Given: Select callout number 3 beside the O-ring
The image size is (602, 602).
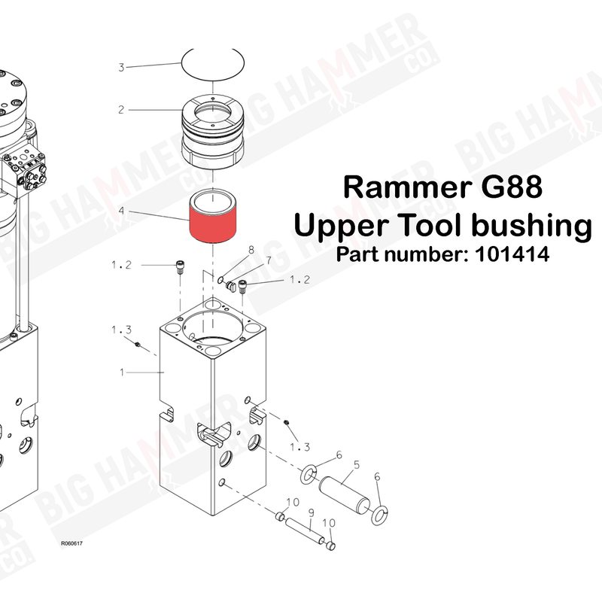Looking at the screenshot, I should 121,68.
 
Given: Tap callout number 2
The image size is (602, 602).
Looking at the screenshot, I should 121,110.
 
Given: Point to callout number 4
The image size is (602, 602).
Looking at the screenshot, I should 121,211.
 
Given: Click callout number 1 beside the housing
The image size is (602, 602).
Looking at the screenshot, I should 121,372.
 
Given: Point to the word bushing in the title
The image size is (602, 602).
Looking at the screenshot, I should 527,224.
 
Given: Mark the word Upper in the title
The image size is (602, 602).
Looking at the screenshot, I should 336,224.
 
